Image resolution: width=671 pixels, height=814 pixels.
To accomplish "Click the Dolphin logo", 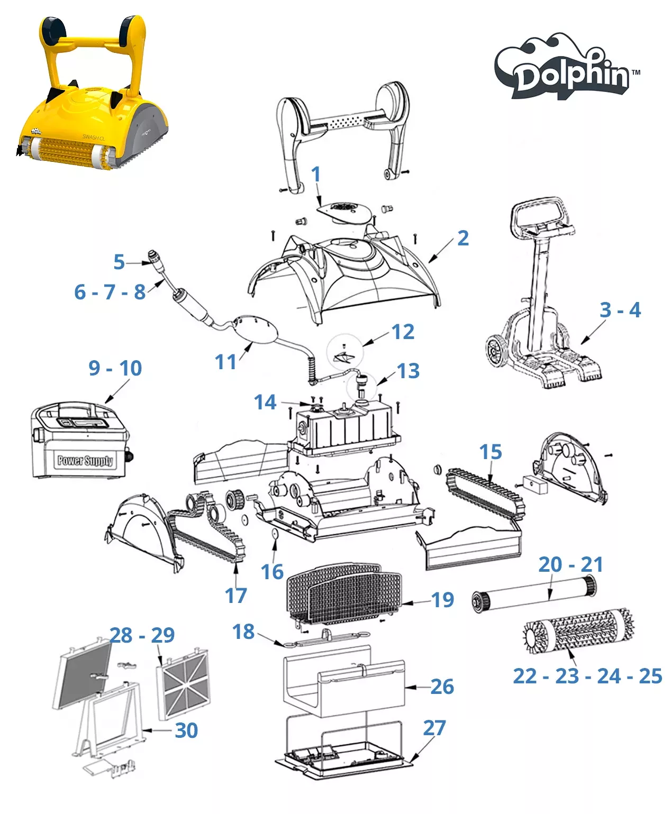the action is coord(566,67).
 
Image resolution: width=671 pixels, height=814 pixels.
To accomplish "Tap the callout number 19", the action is coord(442,600).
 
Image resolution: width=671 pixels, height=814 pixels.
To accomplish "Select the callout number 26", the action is coord(442,687).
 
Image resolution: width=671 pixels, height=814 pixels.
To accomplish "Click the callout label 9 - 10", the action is coord(115,368).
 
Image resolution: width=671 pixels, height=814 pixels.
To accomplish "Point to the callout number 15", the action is coord(491,452).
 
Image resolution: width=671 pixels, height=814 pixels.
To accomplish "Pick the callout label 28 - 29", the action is coord(142,635).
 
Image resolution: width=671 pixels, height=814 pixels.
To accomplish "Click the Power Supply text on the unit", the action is coord(85,460).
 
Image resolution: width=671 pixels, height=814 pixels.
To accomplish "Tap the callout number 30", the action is coord(186,730).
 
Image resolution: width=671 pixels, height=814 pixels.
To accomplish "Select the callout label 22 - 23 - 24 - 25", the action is coord(587,676).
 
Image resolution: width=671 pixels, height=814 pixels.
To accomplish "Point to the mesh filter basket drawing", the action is coord(343,593).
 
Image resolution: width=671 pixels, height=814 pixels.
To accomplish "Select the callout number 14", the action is coord(265,402).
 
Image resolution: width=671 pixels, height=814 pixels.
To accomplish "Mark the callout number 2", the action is coord(463,238).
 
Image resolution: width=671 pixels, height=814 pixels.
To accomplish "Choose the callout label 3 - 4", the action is coord(620,310).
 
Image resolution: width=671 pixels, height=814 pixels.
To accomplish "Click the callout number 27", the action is coord(434,728).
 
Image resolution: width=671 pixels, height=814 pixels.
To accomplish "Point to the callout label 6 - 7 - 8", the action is coord(110,292).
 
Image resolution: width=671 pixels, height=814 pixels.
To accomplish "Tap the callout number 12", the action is coord(403,332).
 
